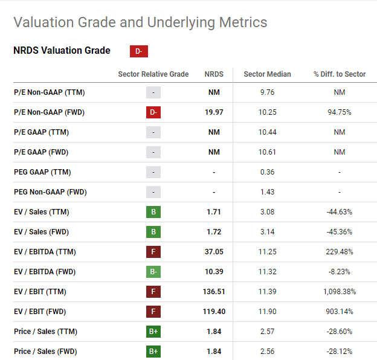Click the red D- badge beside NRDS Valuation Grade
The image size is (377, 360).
(138, 51)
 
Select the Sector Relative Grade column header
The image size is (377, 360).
(153, 74)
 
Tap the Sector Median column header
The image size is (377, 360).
(267, 74)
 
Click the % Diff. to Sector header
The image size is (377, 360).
(339, 74)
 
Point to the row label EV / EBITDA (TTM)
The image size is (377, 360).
(45, 252)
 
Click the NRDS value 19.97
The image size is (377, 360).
(214, 112)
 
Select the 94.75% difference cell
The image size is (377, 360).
(339, 112)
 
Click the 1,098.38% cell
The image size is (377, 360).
(339, 292)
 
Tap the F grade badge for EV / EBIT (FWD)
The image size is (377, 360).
(153, 312)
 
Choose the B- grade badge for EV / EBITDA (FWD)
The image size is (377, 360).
(153, 272)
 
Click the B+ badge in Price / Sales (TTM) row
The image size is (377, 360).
(153, 332)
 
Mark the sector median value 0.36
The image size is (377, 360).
(267, 172)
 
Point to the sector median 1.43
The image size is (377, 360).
(267, 192)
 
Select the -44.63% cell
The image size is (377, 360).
(339, 212)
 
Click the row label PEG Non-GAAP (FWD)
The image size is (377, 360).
(50, 192)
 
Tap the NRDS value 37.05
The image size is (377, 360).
(214, 252)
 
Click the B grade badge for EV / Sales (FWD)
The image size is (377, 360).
(153, 232)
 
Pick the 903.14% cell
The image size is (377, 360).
(339, 312)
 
